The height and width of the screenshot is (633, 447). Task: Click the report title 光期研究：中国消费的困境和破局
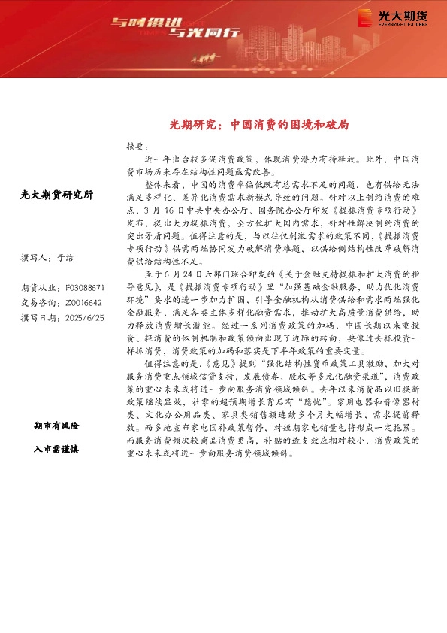tap(258, 125)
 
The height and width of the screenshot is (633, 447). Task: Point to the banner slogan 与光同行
tap(196, 32)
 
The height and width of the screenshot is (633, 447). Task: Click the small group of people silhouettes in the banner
tap(204, 57)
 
